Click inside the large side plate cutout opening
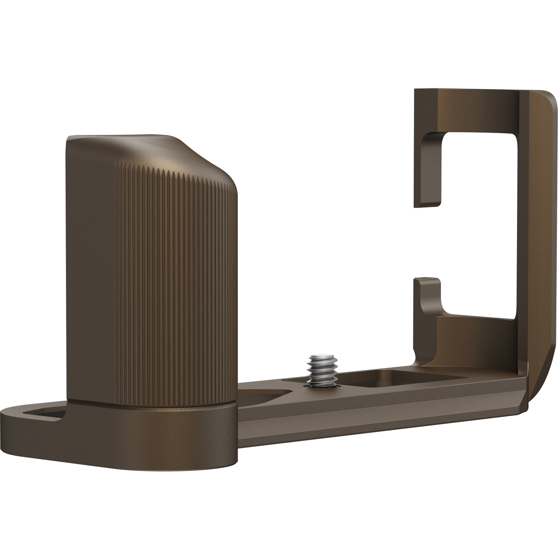[x=481, y=224]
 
